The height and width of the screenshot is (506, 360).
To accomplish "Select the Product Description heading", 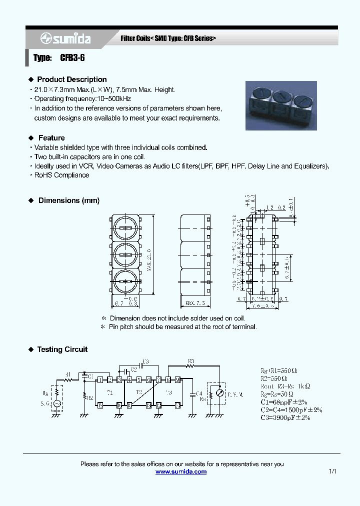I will point(71,79).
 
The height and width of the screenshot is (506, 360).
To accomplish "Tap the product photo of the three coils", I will point(281,105).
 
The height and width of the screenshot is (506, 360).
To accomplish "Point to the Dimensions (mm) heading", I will point(68,200).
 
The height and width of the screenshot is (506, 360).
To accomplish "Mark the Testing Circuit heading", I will point(62,349).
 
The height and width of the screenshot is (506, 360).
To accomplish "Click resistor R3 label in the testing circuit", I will point(190,360).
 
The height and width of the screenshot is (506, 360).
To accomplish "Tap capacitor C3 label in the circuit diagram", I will point(145,361).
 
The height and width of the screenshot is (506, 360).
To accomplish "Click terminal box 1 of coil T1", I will point(100,379).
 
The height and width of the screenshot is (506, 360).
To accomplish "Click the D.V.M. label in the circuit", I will point(235,395).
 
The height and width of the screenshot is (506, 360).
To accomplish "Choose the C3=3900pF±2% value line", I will point(285,417).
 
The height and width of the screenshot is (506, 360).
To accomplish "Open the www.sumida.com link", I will point(180,471).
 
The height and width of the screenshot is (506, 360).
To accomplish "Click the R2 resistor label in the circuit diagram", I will point(90,398).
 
